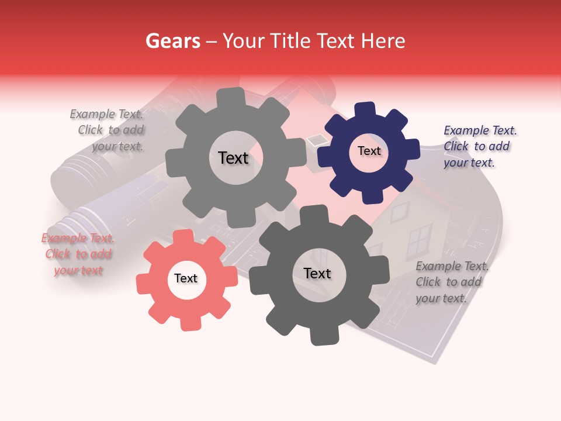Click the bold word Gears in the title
pyautogui.click(x=172, y=41)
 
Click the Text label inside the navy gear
pyautogui.click(x=369, y=151)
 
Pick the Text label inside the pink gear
pyautogui.click(x=186, y=278)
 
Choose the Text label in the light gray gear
pyautogui.click(x=233, y=158)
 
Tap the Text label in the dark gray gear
pyautogui.click(x=317, y=273)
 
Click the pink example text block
pyautogui.click(x=78, y=254)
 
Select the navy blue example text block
pyautogui.click(x=479, y=147)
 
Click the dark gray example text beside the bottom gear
pyautogui.click(x=451, y=282)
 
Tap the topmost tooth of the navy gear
pyautogui.click(x=366, y=109)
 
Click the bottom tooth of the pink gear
pyautogui.click(x=189, y=323)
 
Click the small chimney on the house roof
pyautogui.click(x=317, y=139)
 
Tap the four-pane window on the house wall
pyautogui.click(x=419, y=240)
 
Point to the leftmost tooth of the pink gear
pyautogui.click(x=143, y=284)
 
